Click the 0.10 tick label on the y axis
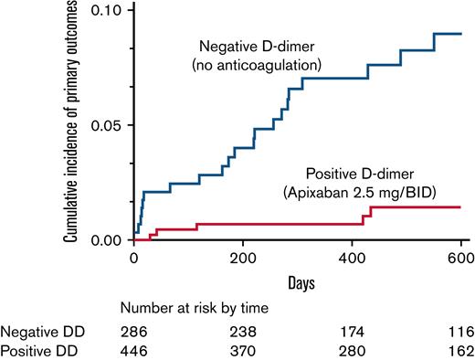tap(109, 9)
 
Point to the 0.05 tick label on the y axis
tap(109, 124)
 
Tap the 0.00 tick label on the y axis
tap(109, 239)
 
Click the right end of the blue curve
tap(460, 34)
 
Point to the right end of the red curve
tap(460, 207)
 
